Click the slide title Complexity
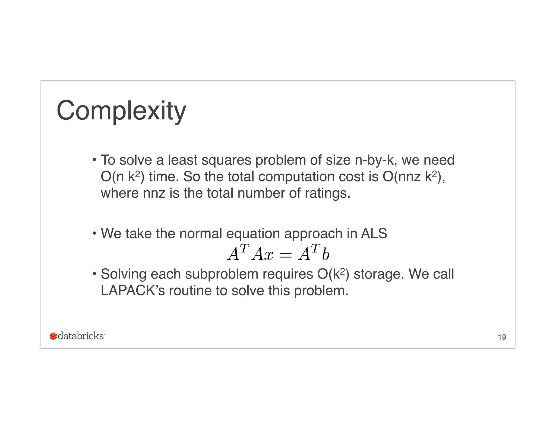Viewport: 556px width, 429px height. [121, 111]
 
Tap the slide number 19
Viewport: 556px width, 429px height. [502, 337]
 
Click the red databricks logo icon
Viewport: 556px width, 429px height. [53, 336]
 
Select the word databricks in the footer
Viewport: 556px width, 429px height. [81, 336]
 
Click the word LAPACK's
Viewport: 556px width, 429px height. [132, 290]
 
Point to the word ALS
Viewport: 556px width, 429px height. [374, 233]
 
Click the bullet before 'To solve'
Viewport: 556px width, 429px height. [94, 159]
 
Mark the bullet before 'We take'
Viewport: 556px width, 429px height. [94, 233]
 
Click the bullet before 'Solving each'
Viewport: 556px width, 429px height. [94, 273]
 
